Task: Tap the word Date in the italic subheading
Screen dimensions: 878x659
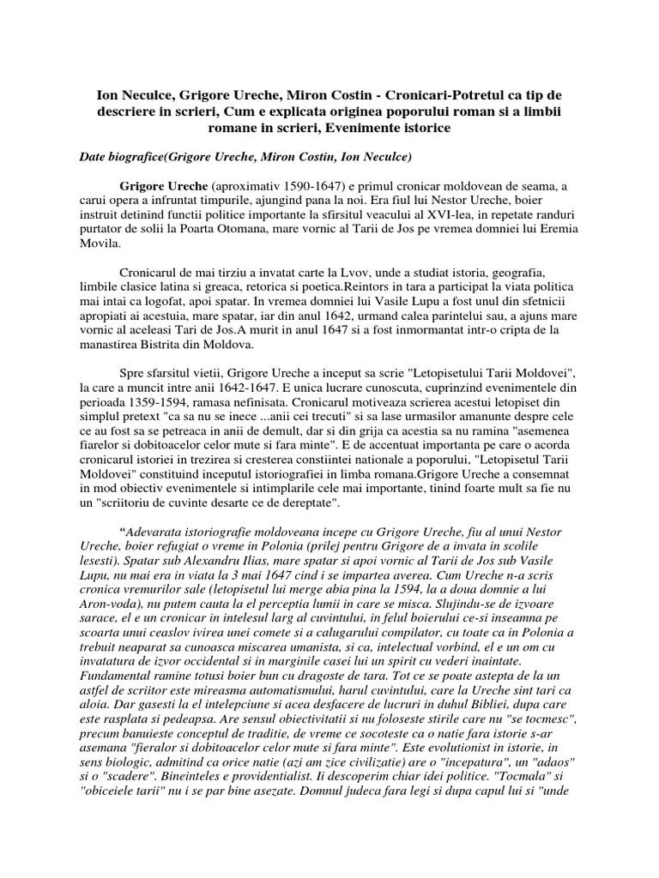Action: pyautogui.click(x=93, y=157)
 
